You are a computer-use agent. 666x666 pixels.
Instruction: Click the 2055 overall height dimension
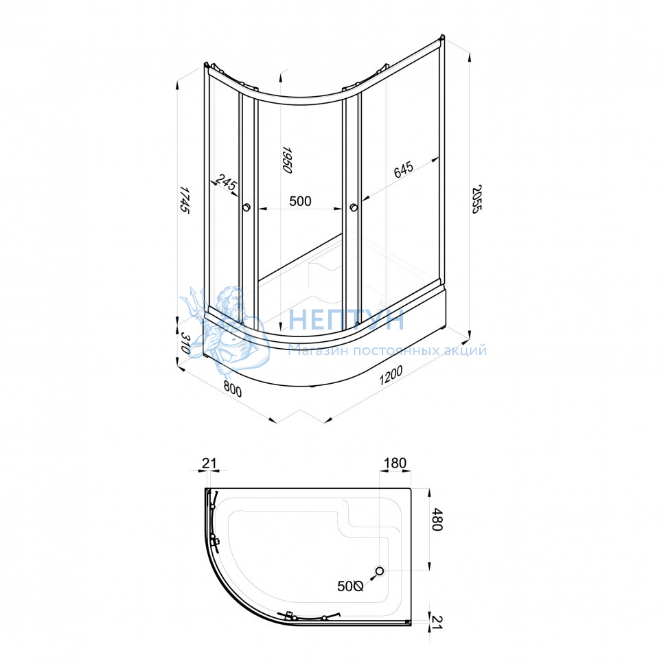click(477, 199)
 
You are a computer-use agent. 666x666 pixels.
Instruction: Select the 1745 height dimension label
click(184, 199)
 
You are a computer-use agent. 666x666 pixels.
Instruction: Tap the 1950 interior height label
click(288, 160)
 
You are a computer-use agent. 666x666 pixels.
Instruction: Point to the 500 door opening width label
click(300, 201)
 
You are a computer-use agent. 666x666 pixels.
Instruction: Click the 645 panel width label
click(403, 169)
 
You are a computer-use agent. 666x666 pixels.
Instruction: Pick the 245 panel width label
click(225, 182)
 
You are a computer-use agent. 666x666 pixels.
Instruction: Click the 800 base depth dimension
click(232, 389)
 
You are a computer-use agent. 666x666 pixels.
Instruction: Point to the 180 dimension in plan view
click(395, 463)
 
